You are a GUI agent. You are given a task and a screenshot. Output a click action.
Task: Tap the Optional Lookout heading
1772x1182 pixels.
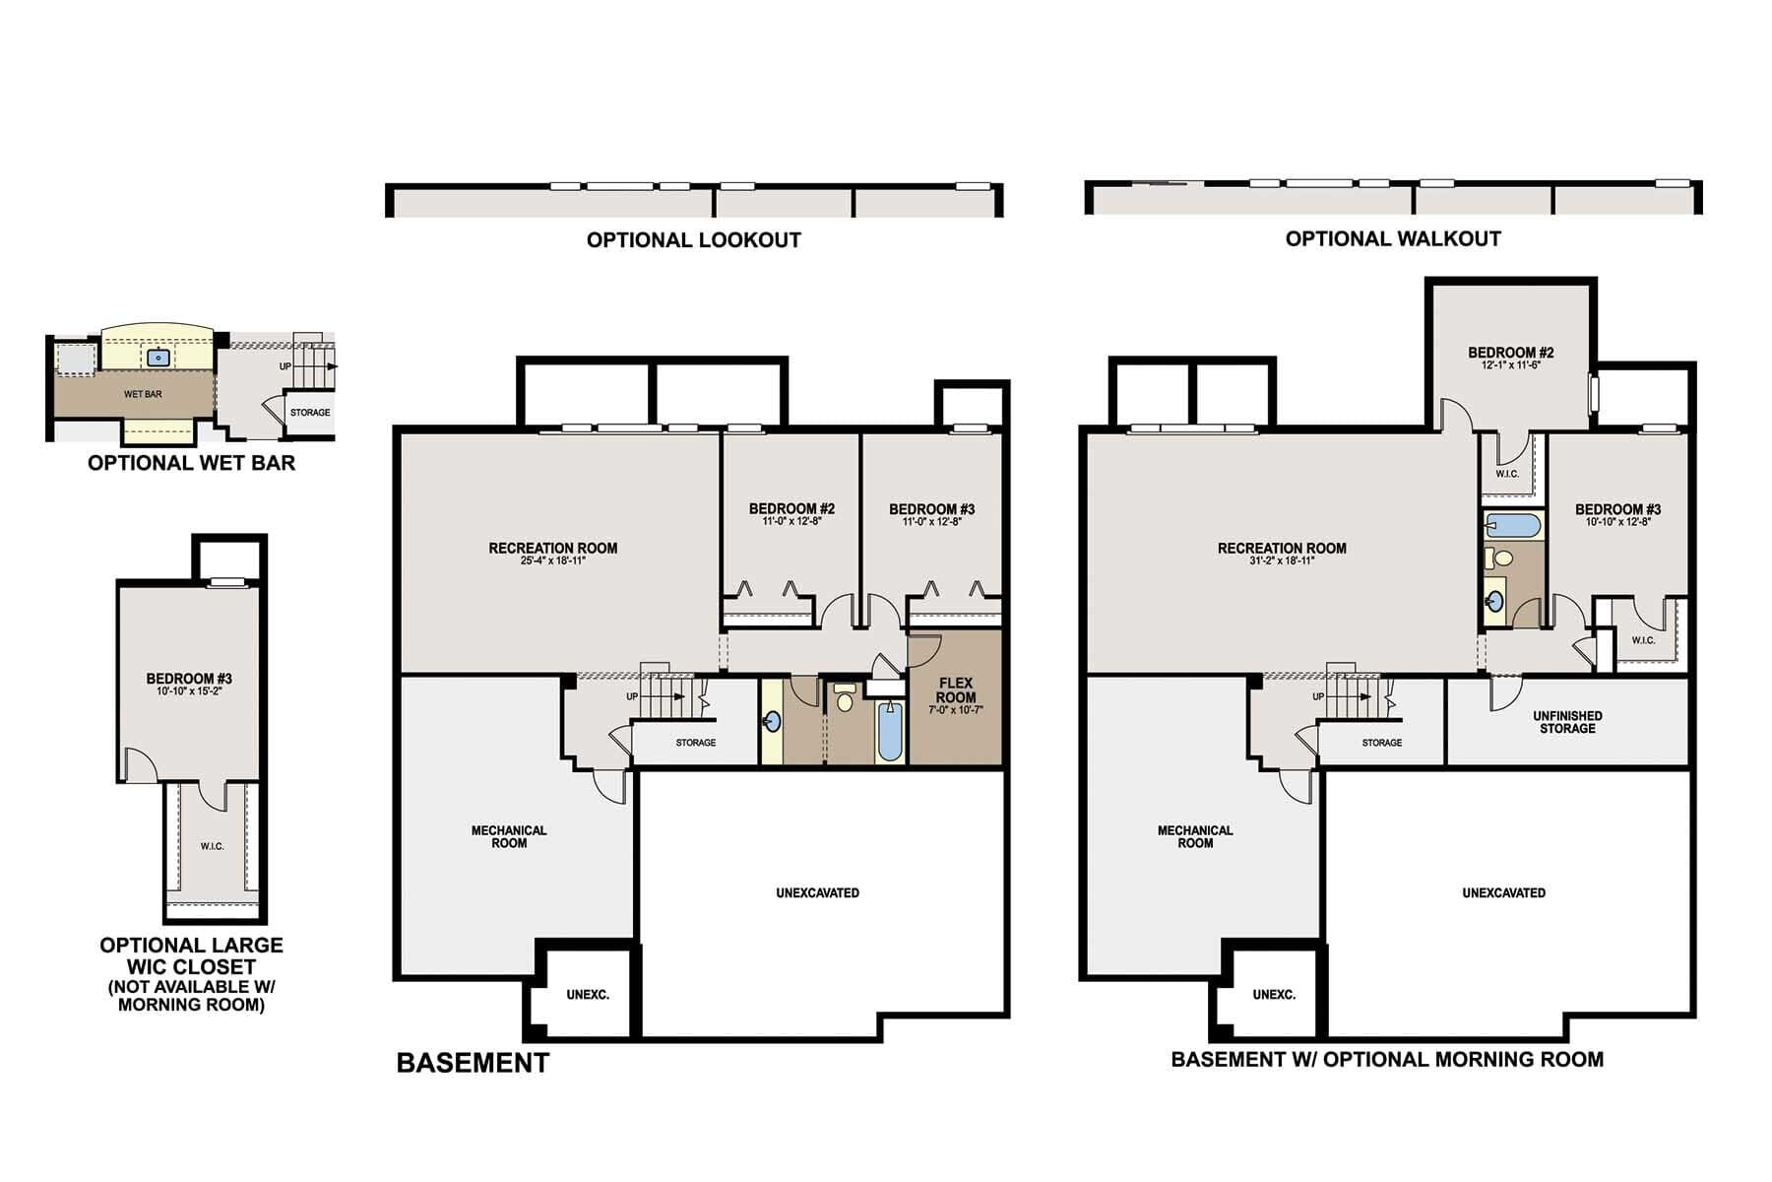[693, 239]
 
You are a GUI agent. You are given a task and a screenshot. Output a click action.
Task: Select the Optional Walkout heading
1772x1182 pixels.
[1392, 238]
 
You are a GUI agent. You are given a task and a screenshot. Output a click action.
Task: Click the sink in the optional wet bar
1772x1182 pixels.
[158, 358]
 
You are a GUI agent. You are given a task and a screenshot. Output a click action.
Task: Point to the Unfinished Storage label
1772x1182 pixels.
[1567, 722]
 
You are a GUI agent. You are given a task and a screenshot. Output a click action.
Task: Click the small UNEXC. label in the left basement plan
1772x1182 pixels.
[588, 995]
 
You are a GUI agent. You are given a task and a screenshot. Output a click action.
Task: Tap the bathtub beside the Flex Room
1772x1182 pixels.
[889, 733]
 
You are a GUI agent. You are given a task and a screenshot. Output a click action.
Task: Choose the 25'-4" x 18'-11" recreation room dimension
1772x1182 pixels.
[553, 560]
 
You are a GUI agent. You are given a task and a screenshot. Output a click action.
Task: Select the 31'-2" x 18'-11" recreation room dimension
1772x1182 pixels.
[1282, 560]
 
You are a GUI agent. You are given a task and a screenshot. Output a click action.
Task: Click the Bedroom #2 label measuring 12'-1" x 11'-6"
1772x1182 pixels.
[1510, 353]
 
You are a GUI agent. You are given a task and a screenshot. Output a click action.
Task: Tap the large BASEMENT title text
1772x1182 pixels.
[473, 1063]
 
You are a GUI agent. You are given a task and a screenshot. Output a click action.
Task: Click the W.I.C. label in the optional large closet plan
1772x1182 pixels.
[212, 846]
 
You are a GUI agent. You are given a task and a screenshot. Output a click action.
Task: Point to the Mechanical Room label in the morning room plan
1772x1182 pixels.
[1195, 836]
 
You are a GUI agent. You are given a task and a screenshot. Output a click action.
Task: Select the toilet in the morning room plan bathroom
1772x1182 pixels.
[1501, 558]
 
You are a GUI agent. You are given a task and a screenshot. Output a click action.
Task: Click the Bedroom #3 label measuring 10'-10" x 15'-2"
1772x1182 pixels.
[189, 679]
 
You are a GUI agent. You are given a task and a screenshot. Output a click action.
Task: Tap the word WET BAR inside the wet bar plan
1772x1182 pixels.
[143, 394]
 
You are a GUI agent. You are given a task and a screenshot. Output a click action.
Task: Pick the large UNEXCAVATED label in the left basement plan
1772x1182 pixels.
[817, 893]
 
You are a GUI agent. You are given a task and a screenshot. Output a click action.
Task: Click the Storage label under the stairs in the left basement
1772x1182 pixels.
[695, 743]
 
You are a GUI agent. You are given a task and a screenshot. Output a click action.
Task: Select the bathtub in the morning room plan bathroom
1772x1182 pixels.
[1512, 525]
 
